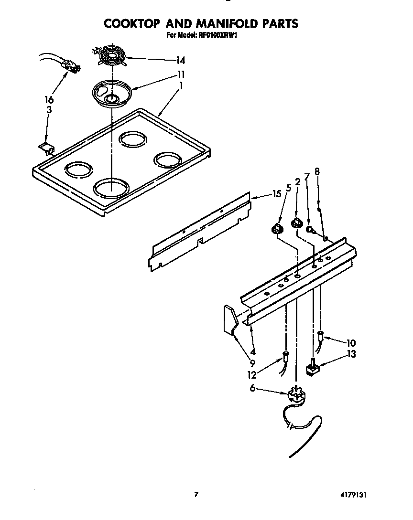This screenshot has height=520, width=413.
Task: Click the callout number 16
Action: (49, 100)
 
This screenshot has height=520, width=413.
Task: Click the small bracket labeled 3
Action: (46, 149)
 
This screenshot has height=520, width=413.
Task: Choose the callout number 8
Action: (316, 171)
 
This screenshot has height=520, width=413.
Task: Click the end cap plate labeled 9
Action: (230, 319)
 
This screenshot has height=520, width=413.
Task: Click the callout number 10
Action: (351, 342)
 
